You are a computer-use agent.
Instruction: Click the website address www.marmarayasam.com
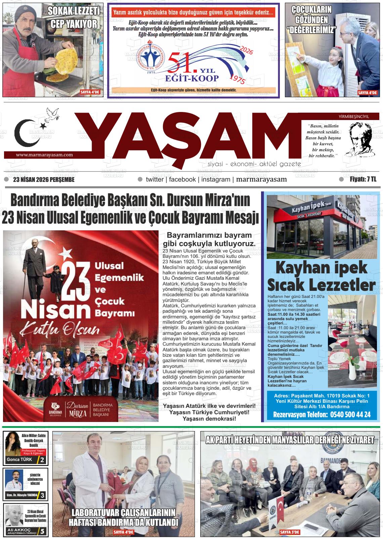tap(44, 155)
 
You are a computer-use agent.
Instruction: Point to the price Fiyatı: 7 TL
tap(363, 180)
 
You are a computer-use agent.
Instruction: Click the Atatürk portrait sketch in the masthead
tap(361, 140)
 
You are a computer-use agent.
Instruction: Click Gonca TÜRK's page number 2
tap(42, 460)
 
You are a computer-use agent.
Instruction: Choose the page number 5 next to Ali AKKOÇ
tap(42, 532)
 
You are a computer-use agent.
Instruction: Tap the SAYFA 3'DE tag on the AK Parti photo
tap(289, 532)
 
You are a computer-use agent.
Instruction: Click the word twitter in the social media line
tap(155, 180)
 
